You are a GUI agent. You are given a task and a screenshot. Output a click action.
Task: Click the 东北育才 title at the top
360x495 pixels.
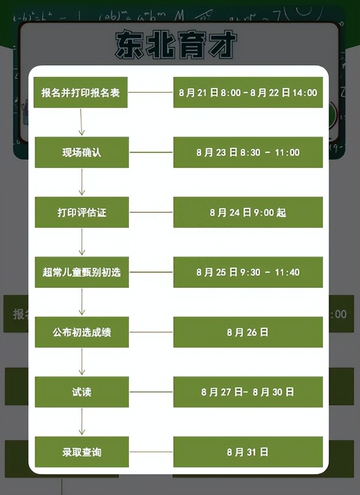176,45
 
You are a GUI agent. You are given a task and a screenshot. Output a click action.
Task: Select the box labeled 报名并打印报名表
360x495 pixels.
81,92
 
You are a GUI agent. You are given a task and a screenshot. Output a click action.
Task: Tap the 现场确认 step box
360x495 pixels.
82,152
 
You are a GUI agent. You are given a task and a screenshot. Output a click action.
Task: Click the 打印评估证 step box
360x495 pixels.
82,212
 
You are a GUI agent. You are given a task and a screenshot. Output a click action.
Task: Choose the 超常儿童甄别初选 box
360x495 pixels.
82,272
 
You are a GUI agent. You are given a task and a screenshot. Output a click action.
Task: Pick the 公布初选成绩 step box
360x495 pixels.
82,332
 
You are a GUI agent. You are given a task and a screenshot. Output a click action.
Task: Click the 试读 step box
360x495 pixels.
82,392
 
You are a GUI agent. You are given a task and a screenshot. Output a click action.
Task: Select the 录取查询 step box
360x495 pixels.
82,452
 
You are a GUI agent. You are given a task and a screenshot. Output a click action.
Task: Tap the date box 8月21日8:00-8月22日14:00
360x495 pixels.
248,92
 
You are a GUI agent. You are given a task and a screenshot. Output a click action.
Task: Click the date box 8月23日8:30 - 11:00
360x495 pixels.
248,152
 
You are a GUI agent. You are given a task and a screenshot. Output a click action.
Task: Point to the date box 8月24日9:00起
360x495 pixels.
248,212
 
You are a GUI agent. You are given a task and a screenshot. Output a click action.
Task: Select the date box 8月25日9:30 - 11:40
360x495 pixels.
248,272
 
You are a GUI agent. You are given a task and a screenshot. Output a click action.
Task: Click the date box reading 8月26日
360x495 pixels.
248,332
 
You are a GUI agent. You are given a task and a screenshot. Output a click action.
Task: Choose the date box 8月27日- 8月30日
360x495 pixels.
248,392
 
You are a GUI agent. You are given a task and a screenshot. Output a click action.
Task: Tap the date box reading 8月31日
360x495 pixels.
248,452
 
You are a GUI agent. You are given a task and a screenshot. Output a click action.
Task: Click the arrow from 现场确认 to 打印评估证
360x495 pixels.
82,182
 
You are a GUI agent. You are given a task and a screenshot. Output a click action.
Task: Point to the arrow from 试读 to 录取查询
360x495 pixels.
82,421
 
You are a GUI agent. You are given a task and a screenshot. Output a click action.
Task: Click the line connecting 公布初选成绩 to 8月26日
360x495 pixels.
151,332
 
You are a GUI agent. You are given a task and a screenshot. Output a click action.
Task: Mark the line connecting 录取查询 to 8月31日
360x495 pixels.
151,452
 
